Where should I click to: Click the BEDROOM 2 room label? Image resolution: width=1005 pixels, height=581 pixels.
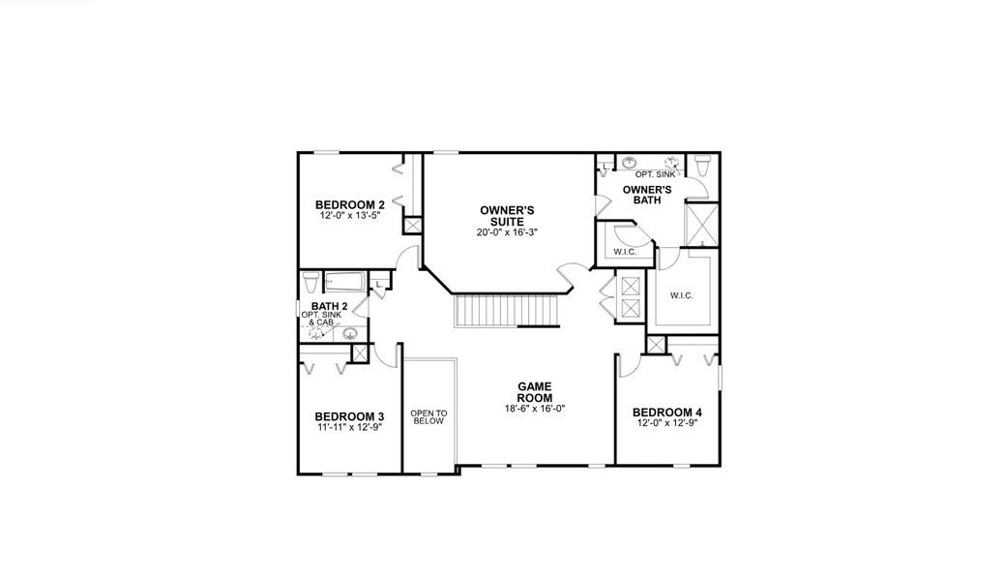click(350, 204)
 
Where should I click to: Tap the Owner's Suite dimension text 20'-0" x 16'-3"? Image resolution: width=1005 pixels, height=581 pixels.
click(507, 232)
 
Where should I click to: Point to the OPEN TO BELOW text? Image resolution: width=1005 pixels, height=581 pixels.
click(428, 415)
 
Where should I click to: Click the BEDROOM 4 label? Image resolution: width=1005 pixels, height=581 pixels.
click(666, 413)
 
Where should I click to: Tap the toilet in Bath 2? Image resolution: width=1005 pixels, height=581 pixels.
click(310, 282)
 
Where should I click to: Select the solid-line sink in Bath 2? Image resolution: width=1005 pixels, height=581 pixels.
click(349, 334)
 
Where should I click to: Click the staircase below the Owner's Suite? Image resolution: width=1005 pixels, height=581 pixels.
click(504, 311)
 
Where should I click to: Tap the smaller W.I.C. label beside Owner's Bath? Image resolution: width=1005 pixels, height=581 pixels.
click(624, 252)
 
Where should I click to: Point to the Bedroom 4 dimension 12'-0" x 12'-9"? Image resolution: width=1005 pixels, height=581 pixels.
click(666, 423)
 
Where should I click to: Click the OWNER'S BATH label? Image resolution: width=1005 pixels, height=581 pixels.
click(647, 195)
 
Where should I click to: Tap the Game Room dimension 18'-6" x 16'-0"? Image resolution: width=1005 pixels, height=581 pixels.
click(534, 409)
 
